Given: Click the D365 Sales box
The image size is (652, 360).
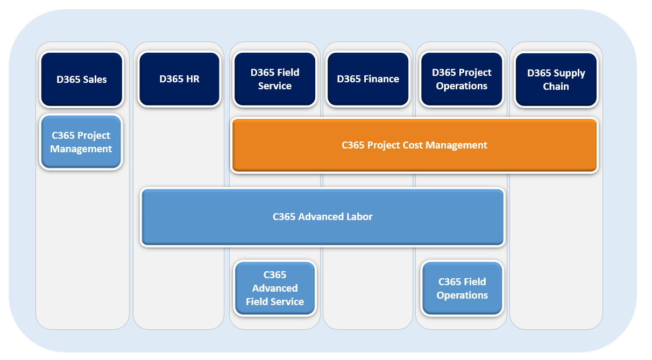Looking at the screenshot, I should pyautogui.click(x=82, y=80).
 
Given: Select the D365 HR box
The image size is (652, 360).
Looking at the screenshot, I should pyautogui.click(x=179, y=79).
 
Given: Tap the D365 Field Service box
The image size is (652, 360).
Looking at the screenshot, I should pyautogui.click(x=274, y=79).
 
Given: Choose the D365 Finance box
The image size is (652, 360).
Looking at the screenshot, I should pyautogui.click(x=368, y=79).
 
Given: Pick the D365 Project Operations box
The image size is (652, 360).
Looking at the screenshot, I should pyautogui.click(x=462, y=79).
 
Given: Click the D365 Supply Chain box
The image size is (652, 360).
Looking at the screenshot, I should pyautogui.click(x=556, y=80).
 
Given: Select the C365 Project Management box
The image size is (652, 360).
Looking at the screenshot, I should pyautogui.click(x=81, y=142).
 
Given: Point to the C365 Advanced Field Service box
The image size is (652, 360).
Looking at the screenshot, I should pyautogui.click(x=274, y=288).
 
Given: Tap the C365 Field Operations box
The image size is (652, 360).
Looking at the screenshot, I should pyautogui.click(x=462, y=288).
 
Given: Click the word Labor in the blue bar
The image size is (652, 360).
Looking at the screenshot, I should pyautogui.click(x=358, y=217).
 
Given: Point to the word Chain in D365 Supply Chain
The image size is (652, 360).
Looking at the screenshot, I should pyautogui.click(x=556, y=87).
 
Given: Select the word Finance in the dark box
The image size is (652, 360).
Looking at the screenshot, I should pyautogui.click(x=381, y=79).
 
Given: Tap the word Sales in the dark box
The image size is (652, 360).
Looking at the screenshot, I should pyautogui.click(x=94, y=80).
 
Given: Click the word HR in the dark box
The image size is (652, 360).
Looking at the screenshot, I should pyautogui.click(x=192, y=79).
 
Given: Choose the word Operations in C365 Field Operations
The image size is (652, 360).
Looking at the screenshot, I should pyautogui.click(x=462, y=295).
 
